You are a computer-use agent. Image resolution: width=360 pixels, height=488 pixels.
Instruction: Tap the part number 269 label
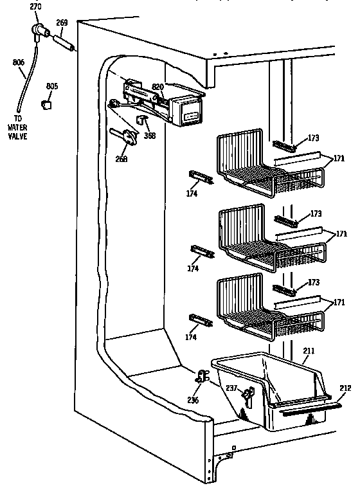[62, 23]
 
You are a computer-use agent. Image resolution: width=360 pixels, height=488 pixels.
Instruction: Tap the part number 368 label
[150, 135]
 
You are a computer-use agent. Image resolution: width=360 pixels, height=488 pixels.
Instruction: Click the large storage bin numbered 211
[270, 392]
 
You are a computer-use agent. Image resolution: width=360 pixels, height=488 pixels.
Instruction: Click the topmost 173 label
[313, 138]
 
